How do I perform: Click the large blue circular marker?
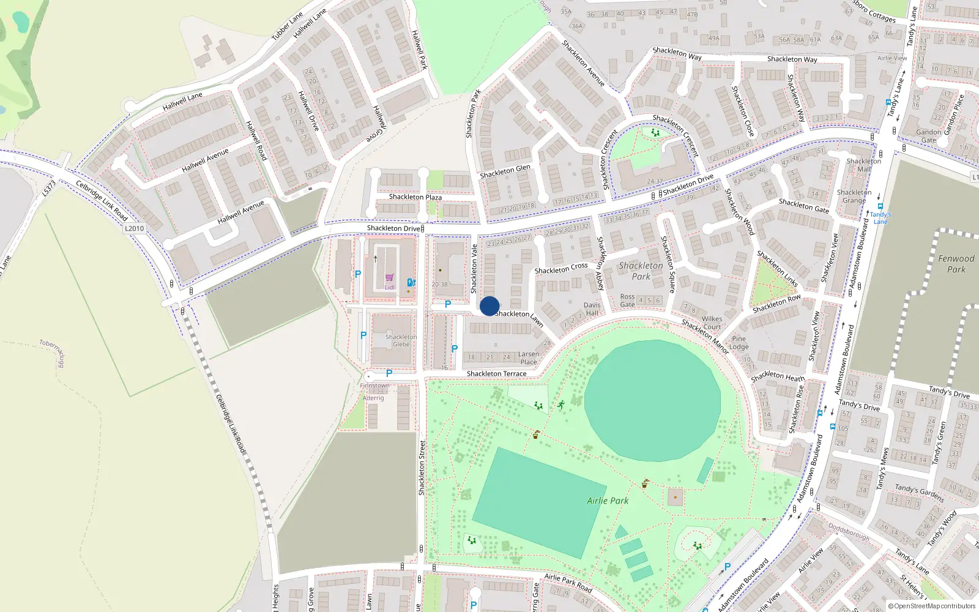coord(489,306)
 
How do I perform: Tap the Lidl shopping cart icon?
coord(389,278)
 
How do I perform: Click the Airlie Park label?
coord(608,501)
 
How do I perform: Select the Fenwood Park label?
coord(956,264)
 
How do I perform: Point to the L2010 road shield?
coord(134,228)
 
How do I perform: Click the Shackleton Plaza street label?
coord(415,197)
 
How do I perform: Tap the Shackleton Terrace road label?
coord(496,373)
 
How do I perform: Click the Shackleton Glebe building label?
coord(401,340)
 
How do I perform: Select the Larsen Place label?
coord(529,358)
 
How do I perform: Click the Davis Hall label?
coord(592,309)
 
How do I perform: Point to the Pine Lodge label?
coord(739,343)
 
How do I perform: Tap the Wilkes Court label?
coord(712,323)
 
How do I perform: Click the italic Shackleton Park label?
coord(641,271)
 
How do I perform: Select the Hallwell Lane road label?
coord(182,102)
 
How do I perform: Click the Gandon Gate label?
coord(928,136)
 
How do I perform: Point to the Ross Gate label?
coord(627,300)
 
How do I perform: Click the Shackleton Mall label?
coord(863,165)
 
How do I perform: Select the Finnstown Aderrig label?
coord(374,392)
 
